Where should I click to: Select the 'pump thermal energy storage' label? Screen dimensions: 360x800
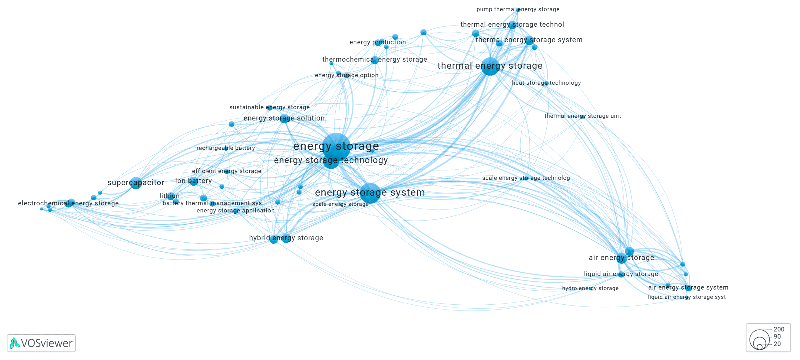coord(518,9)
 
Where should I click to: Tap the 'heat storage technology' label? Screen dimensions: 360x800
coord(546,83)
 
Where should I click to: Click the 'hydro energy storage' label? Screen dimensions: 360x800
coord(590,288)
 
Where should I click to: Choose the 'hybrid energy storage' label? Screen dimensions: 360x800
coord(286,238)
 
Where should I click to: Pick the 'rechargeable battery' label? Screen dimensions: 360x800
coord(226,148)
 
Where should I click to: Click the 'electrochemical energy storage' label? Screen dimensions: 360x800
coord(68,203)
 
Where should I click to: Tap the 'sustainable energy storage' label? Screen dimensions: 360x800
coord(269,107)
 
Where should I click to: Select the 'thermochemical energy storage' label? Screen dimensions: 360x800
coord(375,59)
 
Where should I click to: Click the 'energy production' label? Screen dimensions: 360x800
coord(377,42)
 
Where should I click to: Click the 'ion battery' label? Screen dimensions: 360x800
coord(193,181)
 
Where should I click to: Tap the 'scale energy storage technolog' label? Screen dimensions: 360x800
coord(526,178)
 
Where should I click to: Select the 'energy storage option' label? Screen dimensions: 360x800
coord(347,75)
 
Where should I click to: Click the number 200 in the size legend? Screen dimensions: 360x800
coord(779,329)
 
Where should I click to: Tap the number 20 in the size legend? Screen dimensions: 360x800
coord(777,344)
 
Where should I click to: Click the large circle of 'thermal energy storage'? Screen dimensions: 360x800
coord(490,66)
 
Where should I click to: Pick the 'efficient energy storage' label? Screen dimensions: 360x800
coord(226,171)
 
